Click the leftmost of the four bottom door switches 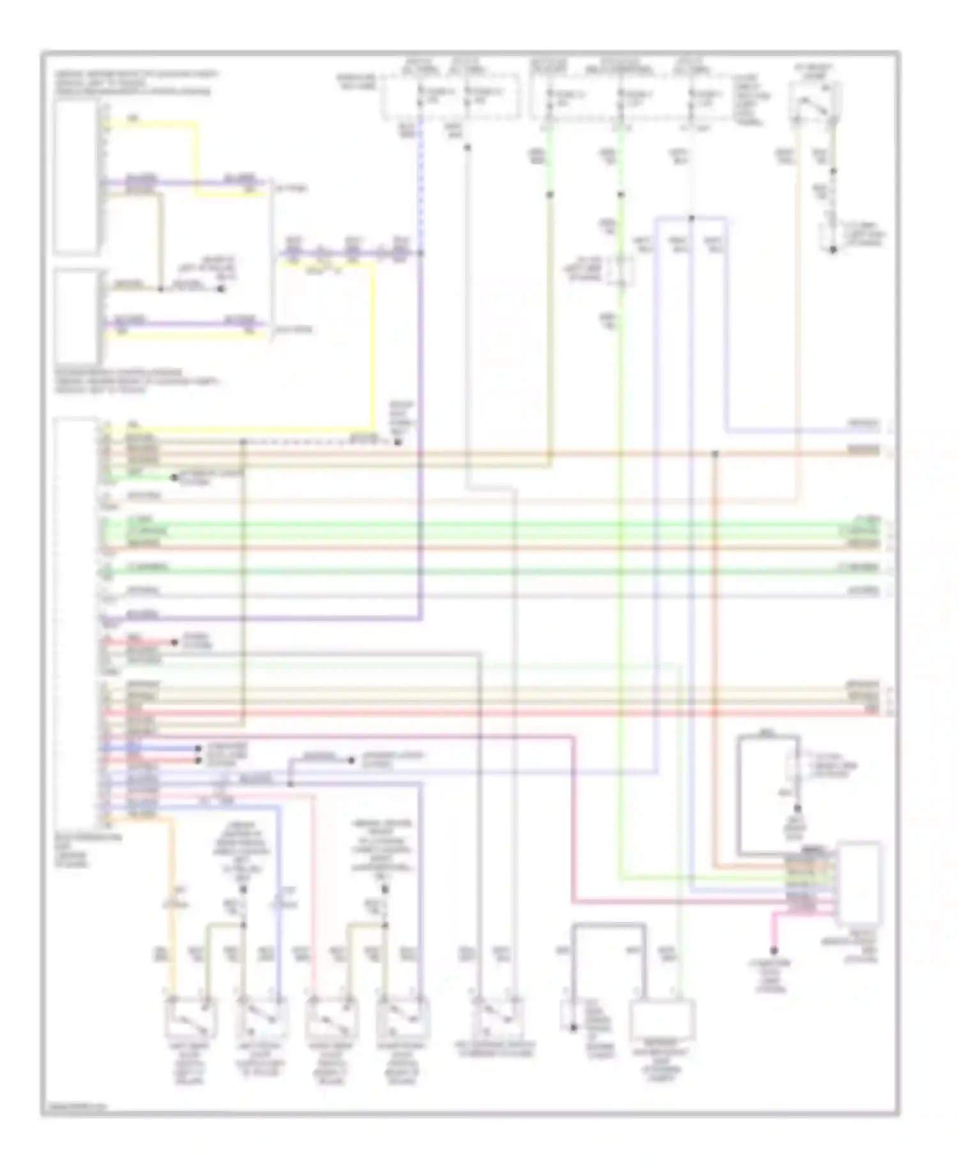point(190,1020)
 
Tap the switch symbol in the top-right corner point(816,102)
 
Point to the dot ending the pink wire point(773,950)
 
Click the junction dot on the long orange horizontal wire point(715,454)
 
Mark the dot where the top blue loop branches point(691,218)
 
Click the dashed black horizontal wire point(319,442)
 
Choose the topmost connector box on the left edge point(77,176)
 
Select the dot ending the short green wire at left point(174,478)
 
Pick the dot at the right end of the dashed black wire point(397,442)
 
